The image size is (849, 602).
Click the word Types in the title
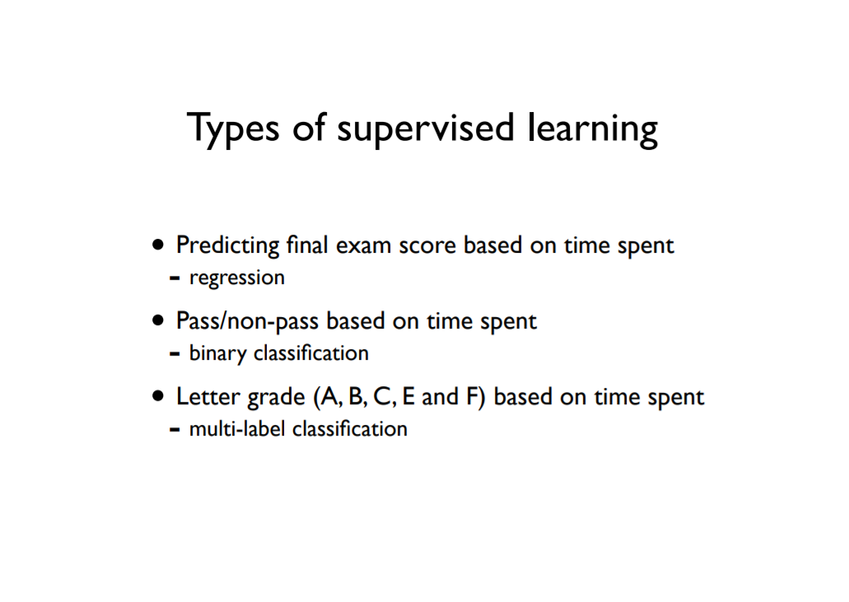coord(233,128)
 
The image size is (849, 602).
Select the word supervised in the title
coord(425,128)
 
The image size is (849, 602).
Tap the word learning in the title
coord(592,128)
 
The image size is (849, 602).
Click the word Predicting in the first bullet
coord(227,245)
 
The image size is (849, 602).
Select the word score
coord(427,246)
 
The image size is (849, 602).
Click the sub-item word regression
coord(236,278)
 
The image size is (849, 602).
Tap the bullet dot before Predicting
coord(157,245)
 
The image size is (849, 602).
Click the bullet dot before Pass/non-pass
coord(157,321)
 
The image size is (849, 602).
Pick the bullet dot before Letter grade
coord(157,397)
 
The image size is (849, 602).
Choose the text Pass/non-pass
coord(247,321)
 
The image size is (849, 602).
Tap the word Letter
coord(208,397)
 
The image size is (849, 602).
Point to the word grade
coord(276,398)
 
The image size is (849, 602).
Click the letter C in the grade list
coord(383,397)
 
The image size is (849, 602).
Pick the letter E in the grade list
coord(408,396)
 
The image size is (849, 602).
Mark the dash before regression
coord(175,279)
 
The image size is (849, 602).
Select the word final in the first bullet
coord(307,245)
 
